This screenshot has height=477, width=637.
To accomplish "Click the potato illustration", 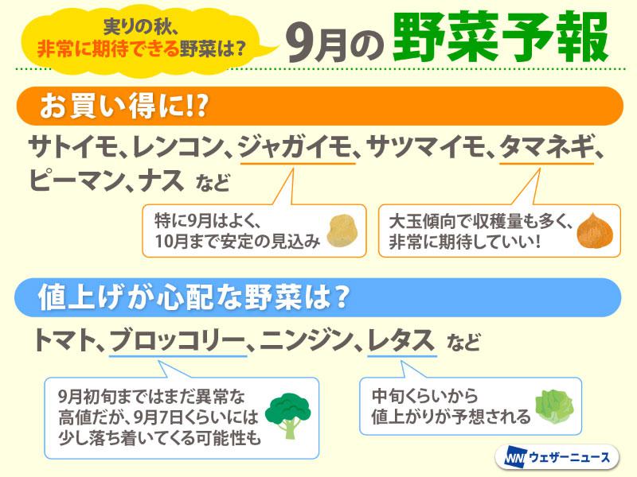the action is (343, 231).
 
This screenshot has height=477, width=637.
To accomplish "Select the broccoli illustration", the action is (287, 415).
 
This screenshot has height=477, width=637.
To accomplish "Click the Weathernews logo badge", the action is (557, 458).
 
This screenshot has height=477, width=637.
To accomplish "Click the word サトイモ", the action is (73, 147).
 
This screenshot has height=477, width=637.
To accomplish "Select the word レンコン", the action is (178, 147).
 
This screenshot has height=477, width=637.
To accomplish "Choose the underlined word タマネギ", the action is (547, 147).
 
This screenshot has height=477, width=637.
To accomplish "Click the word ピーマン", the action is (76, 180).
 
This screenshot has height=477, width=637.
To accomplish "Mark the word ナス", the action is (162, 180).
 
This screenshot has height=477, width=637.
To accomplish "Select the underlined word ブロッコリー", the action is (178, 340).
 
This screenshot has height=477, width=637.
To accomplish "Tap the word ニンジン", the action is (306, 340).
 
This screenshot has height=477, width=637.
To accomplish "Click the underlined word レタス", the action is (401, 340).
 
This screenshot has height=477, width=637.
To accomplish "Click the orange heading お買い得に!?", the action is (124, 107).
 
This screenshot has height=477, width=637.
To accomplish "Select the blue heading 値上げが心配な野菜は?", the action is (193, 297).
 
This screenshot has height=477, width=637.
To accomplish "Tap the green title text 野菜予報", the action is (501, 37).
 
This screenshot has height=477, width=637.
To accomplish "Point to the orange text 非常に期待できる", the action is (108, 49).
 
